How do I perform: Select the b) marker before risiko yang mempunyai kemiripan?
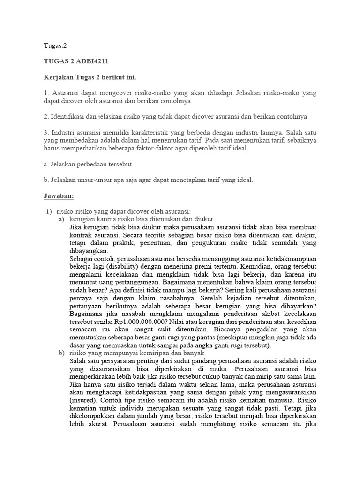pos(61,352)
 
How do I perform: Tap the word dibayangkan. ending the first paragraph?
pos(88,250)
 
